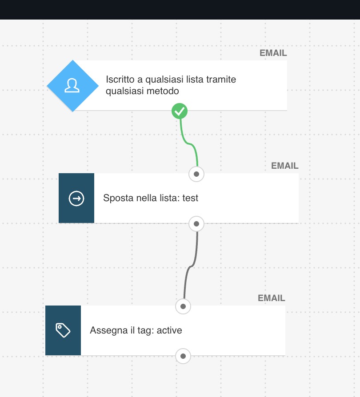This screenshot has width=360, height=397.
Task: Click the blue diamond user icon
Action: [73, 86]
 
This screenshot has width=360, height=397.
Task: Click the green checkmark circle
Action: [180, 111]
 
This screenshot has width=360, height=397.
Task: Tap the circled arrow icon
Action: [76, 198]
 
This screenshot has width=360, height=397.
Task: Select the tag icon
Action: [63, 330]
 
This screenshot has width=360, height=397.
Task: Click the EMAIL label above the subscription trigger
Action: [273, 53]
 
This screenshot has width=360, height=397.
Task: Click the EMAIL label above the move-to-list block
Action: [285, 166]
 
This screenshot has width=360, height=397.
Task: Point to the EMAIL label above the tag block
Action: [271, 298]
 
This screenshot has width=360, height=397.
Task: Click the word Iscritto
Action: [120, 79]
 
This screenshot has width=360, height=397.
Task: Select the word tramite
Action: [221, 79]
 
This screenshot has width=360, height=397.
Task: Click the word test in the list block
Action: [190, 198]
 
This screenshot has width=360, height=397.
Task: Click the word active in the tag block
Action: [169, 330]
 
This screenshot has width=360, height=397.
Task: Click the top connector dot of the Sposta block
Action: [196, 174]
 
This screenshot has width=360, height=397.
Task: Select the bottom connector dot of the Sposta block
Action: [196, 224]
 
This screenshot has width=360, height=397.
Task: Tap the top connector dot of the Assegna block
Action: [183, 306]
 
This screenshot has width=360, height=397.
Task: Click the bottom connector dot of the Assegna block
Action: [183, 356]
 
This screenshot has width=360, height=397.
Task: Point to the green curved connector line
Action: [188, 143]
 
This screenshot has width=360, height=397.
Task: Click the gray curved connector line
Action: [191, 266]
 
